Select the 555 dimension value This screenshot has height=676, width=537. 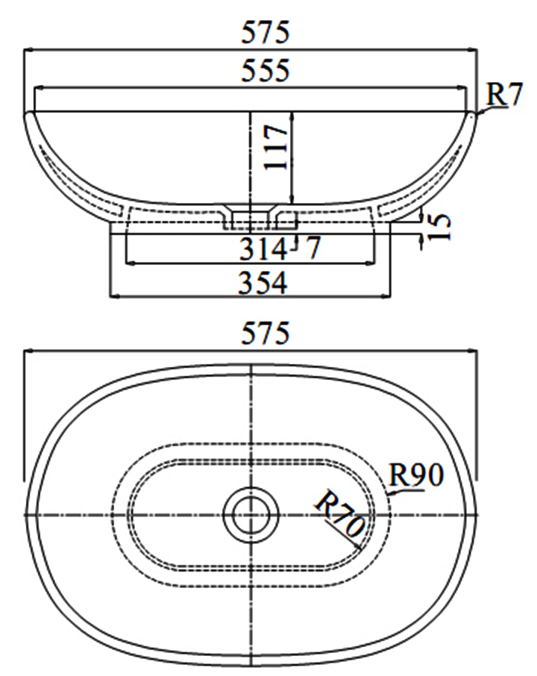pos(265,71)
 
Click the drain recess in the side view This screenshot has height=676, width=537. pos(251,216)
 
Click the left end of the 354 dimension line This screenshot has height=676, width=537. pos(111,296)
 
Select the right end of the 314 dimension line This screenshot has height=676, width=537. pos(376,263)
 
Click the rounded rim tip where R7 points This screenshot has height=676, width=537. pos(474,113)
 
